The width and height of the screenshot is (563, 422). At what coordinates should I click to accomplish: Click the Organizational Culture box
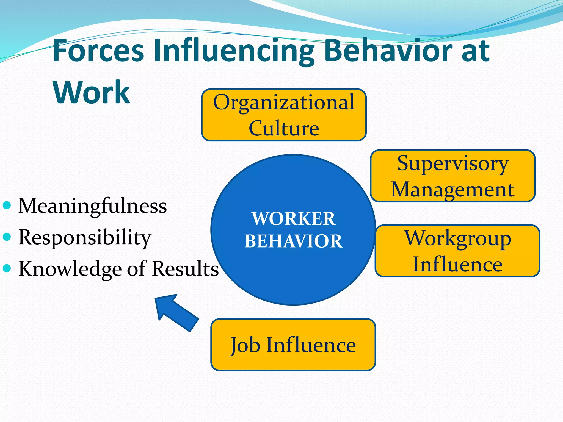pos(284,115)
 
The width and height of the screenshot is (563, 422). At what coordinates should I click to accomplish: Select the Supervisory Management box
pos(452,176)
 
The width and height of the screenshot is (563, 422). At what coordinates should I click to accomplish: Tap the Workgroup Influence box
pos(457,251)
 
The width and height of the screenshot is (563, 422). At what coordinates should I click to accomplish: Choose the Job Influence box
pos(293,345)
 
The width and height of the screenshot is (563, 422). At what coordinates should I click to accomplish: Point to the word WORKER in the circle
pos(293,219)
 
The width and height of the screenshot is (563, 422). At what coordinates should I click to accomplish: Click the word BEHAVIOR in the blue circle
pos(293,241)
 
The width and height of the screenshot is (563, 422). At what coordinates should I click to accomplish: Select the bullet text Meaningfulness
pos(92,206)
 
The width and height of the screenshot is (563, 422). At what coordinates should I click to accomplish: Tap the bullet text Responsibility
pos(85,237)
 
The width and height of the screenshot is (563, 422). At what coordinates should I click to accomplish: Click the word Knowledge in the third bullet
pos(70,269)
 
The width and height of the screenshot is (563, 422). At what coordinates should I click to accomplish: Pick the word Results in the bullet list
pos(185,268)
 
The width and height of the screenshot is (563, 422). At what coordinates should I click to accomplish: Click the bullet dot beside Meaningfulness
pos(7,205)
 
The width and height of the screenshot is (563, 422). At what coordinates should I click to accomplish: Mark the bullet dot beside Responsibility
pos(7,237)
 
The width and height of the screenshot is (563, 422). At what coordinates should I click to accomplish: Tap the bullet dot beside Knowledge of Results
pos(7,268)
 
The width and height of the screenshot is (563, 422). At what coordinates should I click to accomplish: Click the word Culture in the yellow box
pos(284,128)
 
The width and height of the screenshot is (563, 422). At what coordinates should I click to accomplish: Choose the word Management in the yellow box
pos(452,190)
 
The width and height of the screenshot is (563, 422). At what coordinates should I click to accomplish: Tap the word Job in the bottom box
pos(245,345)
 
